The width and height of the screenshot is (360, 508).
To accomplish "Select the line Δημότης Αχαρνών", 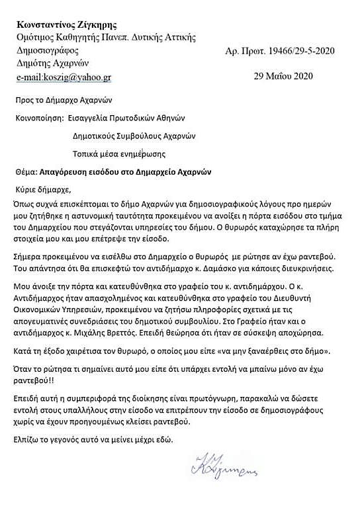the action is [54, 63].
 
